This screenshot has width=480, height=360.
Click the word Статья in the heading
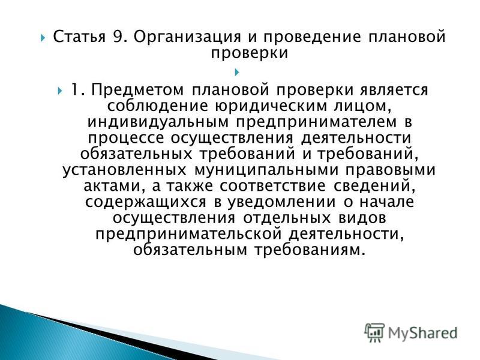coord(79,37)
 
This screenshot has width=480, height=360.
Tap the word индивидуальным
coord(158,122)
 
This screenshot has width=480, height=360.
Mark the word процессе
coord(126,139)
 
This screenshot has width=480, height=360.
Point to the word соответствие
coord(272,187)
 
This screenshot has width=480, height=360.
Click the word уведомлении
coord(281,203)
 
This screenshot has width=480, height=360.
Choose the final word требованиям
coord(310,250)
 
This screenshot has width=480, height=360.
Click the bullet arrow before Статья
coord(43,38)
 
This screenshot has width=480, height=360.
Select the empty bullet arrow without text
coord(236,72)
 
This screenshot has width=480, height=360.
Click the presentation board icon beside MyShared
coord(374,332)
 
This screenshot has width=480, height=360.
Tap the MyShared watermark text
coord(422,333)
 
